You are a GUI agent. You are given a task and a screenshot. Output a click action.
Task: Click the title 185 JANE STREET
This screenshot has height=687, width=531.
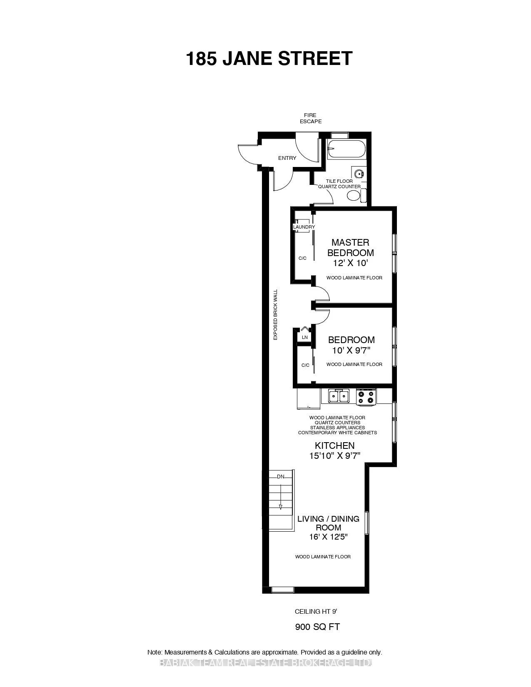point(269,58)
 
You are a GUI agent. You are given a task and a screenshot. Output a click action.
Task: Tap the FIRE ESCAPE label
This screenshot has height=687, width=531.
point(311,118)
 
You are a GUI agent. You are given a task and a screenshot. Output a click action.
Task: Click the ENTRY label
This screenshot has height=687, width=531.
point(287,158)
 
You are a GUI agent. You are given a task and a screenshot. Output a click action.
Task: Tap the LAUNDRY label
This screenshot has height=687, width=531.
point(304,227)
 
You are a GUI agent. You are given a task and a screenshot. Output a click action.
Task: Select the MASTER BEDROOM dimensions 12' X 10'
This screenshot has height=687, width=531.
point(350,263)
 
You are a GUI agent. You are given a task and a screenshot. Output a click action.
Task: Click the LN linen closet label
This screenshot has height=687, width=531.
point(304,337)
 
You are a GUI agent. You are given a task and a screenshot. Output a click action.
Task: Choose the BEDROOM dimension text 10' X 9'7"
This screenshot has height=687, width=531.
point(351,350)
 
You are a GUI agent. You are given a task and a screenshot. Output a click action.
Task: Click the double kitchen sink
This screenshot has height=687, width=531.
point(339,396)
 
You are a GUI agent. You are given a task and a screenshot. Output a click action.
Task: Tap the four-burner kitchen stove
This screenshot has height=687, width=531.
point(366,397)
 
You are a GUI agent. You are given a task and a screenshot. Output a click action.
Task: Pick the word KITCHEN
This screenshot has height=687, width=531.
point(334,446)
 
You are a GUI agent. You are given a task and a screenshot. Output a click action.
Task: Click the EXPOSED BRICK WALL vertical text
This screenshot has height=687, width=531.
point(275,315)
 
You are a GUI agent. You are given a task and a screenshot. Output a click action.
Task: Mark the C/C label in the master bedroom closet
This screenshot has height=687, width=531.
point(302,258)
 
